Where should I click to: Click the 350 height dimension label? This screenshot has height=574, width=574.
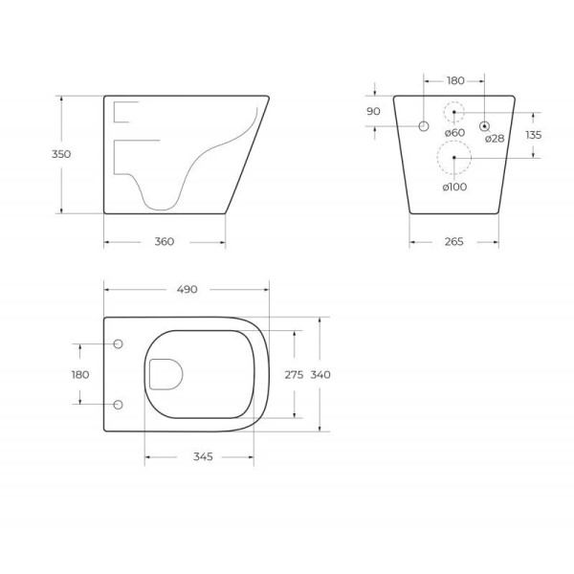click(x=61, y=154)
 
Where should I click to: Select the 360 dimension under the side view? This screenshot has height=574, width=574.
click(x=164, y=241)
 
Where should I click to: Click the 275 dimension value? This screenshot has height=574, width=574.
click(x=295, y=375)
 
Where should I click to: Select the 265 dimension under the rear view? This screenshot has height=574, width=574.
click(x=453, y=241)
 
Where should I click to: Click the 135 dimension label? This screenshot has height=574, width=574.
click(x=533, y=135)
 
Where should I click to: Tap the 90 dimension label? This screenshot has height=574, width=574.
click(x=373, y=112)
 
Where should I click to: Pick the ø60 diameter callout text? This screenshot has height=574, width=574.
click(x=454, y=133)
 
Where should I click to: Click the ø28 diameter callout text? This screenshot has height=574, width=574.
click(x=494, y=139)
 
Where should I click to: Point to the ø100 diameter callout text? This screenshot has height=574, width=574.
click(x=454, y=187)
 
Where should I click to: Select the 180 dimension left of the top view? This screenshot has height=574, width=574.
click(x=80, y=374)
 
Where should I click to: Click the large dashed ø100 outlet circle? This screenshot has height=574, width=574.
click(x=453, y=157)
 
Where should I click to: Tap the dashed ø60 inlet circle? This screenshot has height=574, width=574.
click(x=454, y=112)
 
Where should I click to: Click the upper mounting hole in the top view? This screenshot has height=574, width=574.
click(x=119, y=344)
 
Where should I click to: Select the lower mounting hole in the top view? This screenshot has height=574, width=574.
click(x=119, y=405)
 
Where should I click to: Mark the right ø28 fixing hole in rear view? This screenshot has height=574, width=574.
click(x=484, y=125)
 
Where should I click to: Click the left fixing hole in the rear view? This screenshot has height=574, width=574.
click(x=424, y=125)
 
